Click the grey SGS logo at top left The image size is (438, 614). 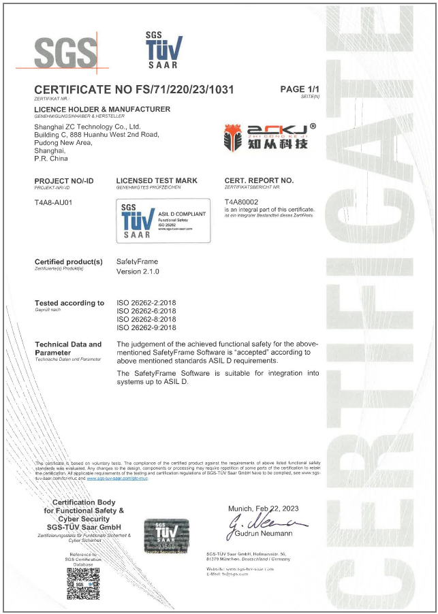click(x=67, y=50)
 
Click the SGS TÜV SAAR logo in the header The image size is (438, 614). click(x=163, y=49)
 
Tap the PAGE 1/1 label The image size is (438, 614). click(x=299, y=89)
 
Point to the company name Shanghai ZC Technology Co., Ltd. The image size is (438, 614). click(x=87, y=127)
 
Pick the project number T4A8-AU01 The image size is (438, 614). click(x=53, y=202)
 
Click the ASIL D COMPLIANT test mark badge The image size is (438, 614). click(x=163, y=220)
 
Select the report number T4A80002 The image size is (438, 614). click(x=242, y=202)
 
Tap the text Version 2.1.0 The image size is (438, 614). click(x=138, y=272)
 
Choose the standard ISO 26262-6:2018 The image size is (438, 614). click(x=146, y=311)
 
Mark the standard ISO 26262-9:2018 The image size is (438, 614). click(x=146, y=327)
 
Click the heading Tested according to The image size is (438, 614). click(x=69, y=303)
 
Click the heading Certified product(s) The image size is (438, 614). click(x=68, y=262)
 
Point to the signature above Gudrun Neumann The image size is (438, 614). click(x=263, y=524)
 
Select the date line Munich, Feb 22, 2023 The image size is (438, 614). click(x=263, y=508)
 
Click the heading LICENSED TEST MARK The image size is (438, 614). click(x=157, y=180)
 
